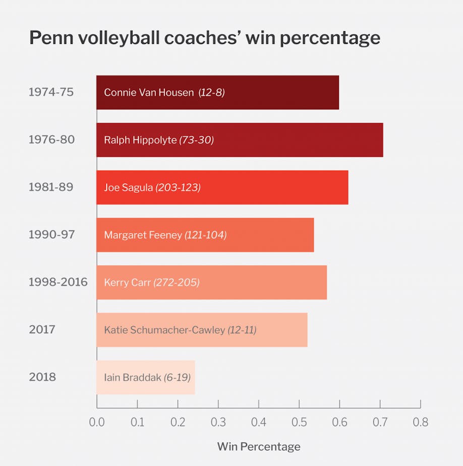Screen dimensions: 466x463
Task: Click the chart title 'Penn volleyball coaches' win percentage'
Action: (x=204, y=38)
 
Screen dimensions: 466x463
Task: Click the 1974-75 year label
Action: (x=51, y=92)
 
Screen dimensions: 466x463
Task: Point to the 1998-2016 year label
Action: (x=58, y=282)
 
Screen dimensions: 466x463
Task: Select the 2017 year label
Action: (x=42, y=330)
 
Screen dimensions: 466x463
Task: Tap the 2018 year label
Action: (x=42, y=377)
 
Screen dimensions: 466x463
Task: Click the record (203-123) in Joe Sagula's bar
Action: (x=178, y=188)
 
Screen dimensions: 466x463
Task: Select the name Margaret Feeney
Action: (x=143, y=235)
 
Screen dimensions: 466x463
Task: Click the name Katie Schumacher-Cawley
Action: (x=164, y=330)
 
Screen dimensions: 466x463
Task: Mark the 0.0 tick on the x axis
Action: (x=97, y=422)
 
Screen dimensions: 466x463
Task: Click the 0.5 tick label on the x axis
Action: (x=299, y=422)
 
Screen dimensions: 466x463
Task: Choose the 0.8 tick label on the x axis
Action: (x=420, y=422)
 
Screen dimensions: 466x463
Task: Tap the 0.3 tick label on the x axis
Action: (x=218, y=422)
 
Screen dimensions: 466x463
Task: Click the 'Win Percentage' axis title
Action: (x=258, y=447)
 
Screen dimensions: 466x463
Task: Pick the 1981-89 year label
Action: (x=51, y=187)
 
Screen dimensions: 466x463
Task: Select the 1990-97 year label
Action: (x=51, y=235)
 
